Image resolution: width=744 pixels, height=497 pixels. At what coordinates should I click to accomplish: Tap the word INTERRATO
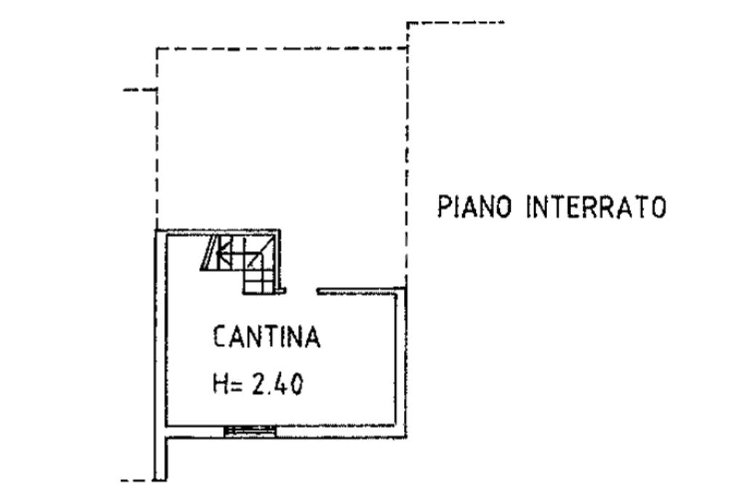[x=595, y=207]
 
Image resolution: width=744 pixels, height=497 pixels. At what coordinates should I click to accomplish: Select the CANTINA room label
[x=267, y=338]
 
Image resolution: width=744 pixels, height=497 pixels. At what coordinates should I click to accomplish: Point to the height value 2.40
[x=278, y=384]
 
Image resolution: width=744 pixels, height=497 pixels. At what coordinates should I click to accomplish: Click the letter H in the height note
[x=219, y=384]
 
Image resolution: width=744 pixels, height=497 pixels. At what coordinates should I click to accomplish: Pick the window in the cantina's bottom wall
[x=250, y=432]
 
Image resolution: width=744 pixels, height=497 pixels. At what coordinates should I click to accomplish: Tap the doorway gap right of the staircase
[x=301, y=291]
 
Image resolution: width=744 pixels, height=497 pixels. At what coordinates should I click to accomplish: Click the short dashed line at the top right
[x=456, y=23]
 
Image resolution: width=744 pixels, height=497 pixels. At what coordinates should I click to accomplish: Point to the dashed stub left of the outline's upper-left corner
[x=139, y=90]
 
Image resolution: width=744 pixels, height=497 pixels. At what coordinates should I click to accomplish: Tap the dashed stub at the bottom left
[x=136, y=480]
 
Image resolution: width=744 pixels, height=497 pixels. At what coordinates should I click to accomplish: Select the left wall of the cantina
[x=161, y=327]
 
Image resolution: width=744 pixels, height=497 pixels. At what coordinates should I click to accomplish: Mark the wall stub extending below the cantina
[x=161, y=458]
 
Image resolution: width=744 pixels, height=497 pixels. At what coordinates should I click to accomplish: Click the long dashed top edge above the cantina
[x=281, y=49]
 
